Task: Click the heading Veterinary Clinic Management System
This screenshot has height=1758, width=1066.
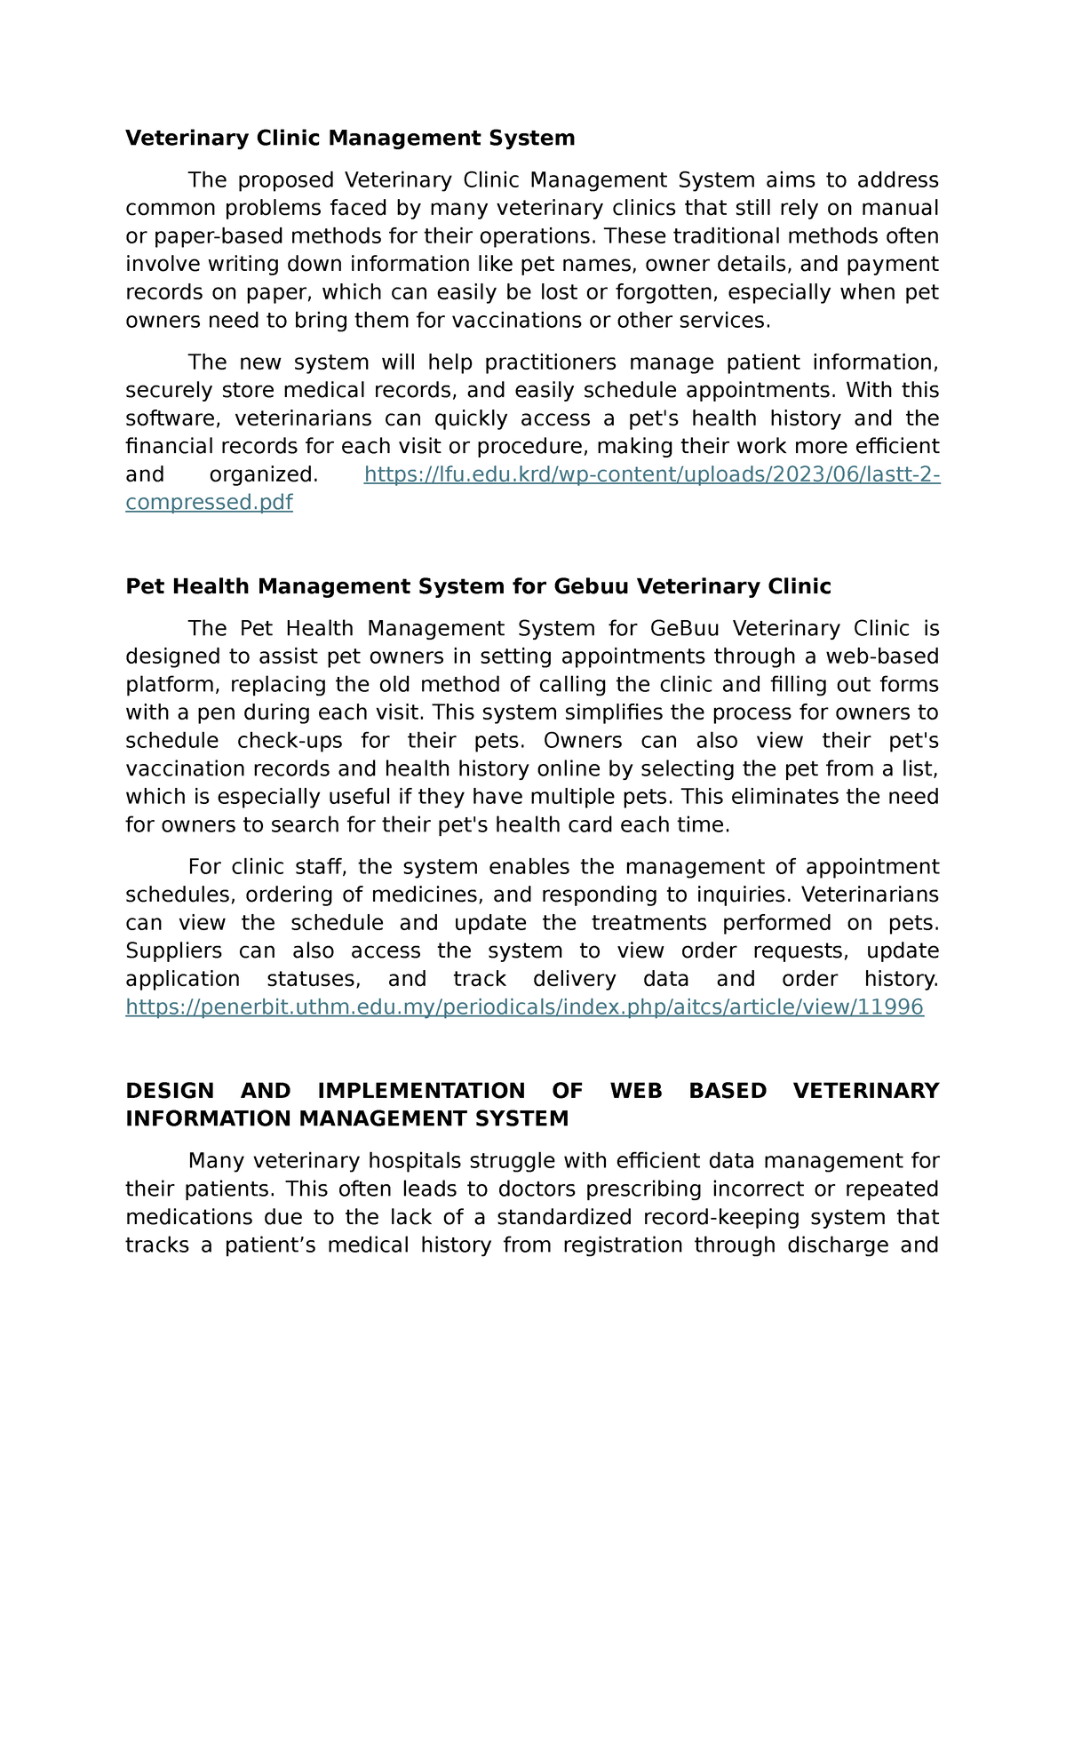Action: pyautogui.click(x=350, y=138)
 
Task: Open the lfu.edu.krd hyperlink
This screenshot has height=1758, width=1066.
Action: pyautogui.click(x=651, y=474)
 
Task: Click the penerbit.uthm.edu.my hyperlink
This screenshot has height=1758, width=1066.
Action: pyautogui.click(x=524, y=1006)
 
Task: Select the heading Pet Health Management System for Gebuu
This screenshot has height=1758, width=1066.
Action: pyautogui.click(x=478, y=586)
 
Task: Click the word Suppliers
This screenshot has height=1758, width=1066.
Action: pyautogui.click(x=173, y=951)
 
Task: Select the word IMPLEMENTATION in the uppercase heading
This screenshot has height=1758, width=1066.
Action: pyautogui.click(x=421, y=1091)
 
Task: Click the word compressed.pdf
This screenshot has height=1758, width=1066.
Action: pyautogui.click(x=209, y=503)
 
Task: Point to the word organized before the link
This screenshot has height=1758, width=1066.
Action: pyautogui.click(x=262, y=474)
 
